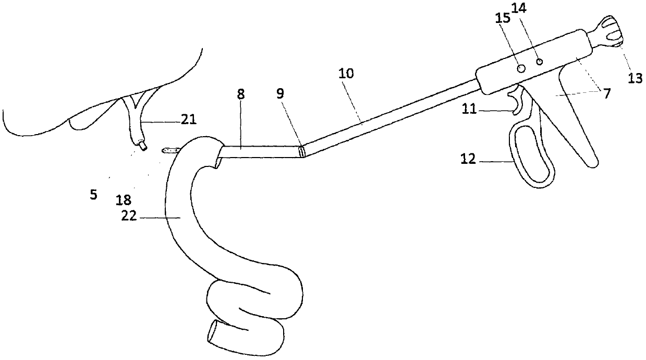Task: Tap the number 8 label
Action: [x=240, y=94]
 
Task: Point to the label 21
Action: [x=189, y=121]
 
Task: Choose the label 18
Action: [x=124, y=200]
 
